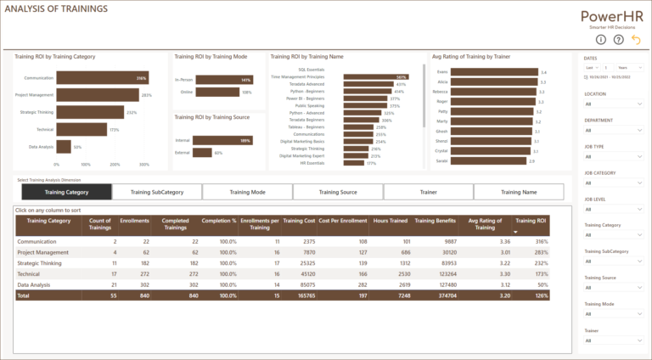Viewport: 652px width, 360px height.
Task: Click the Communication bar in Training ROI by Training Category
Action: (102, 78)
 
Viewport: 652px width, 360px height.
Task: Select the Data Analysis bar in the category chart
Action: (64, 147)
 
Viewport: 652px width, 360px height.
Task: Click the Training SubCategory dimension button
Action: (156, 193)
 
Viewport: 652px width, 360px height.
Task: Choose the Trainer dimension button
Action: (428, 193)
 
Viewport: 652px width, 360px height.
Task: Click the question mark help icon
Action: (619, 39)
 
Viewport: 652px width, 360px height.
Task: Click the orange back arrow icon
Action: (636, 39)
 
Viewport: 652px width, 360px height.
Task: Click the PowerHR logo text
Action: (615, 16)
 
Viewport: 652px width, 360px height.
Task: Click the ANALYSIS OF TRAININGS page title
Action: (56, 9)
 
